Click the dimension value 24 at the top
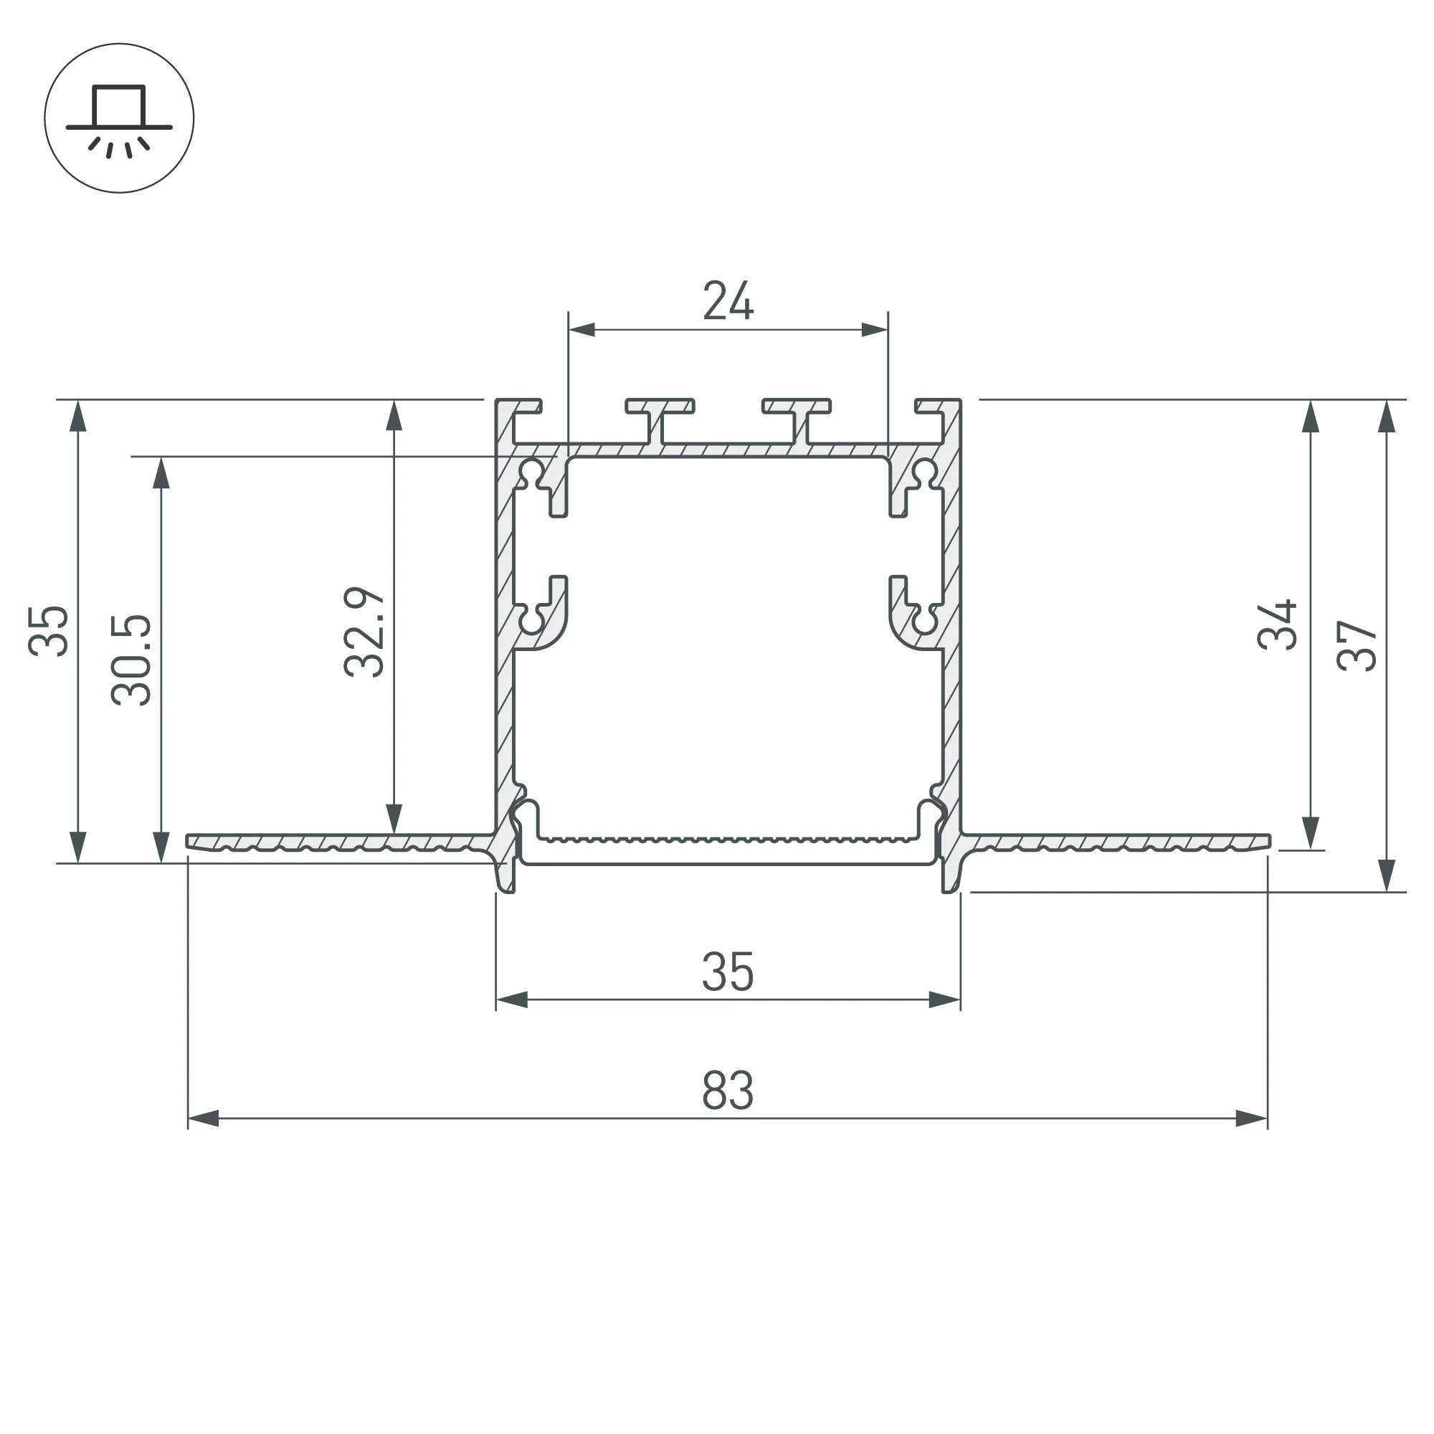tap(728, 300)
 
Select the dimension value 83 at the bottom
tap(728, 1091)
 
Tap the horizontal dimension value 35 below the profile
tap(728, 972)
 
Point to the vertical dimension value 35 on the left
tap(48, 631)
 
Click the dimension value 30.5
tap(131, 660)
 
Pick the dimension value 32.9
tap(364, 632)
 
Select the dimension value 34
tap(1277, 625)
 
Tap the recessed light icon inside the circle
tap(120, 122)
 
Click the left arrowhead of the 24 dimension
tap(581, 330)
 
